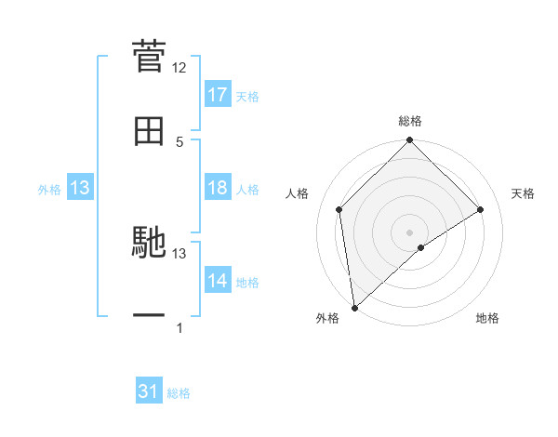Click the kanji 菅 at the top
tap(149, 56)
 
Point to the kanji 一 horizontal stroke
tap(149, 317)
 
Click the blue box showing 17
tap(218, 95)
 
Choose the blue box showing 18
tap(218, 188)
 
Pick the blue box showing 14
tap(218, 281)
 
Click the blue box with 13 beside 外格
tap(80, 188)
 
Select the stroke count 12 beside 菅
tap(179, 68)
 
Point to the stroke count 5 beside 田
tap(179, 141)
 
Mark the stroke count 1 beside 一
tap(179, 327)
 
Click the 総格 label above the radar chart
tap(410, 122)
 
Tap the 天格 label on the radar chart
tap(523, 193)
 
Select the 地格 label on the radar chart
tap(487, 319)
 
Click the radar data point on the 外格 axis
tap(354, 308)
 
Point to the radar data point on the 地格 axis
tap(421, 247)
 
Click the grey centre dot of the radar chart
tap(410, 232)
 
